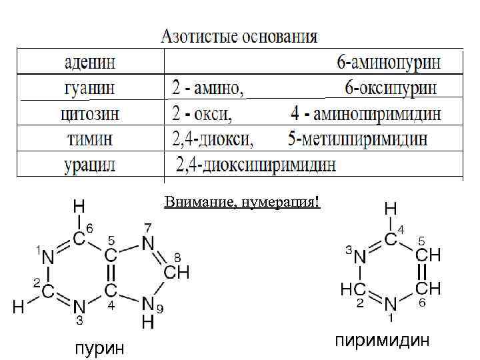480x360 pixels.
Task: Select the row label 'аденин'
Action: point(90,63)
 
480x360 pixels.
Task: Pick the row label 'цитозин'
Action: point(91,113)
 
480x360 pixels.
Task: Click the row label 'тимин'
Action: point(89,139)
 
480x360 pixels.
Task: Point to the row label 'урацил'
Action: point(89,164)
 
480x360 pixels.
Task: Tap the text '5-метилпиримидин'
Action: point(358,139)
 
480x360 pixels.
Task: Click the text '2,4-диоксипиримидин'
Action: point(256,164)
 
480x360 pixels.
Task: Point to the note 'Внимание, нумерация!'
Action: point(242,201)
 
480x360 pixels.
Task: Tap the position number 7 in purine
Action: point(148,227)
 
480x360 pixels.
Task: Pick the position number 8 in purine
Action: point(177,257)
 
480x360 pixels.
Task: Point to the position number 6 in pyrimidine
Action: point(421,302)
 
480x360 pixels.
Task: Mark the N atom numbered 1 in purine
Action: point(48,255)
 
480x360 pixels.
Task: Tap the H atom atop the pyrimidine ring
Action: point(391,209)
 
